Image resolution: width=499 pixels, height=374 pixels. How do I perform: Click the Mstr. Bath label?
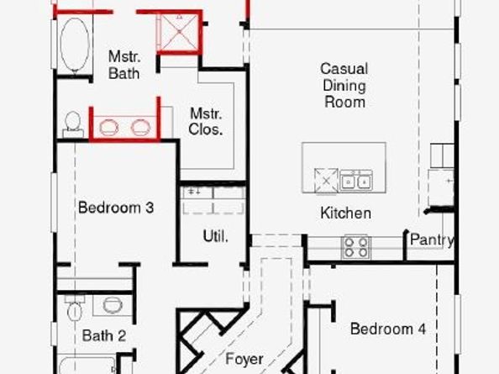click(123, 65)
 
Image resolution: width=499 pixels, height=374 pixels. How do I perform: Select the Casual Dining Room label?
click(344, 85)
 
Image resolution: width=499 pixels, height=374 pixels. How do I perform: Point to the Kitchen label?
click(345, 213)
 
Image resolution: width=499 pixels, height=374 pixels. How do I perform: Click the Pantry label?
click(432, 240)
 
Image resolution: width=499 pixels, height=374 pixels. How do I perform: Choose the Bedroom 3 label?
click(116, 207)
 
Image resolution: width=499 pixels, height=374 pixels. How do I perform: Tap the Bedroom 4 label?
click(388, 329)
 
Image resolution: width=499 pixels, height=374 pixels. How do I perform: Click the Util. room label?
click(215, 238)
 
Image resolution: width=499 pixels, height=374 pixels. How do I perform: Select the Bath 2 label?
click(104, 336)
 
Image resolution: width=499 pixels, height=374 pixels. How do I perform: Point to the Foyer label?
click(244, 359)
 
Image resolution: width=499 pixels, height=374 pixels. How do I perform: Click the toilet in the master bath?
click(72, 124)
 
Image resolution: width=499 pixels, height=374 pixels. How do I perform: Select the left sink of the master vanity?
click(108, 128)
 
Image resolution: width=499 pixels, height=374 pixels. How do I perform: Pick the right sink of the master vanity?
click(140, 128)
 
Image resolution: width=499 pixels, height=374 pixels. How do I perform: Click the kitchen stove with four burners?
click(356, 247)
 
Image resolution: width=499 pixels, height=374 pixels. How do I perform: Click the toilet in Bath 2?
click(74, 308)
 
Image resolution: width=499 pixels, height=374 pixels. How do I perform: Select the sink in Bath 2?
click(109, 306)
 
